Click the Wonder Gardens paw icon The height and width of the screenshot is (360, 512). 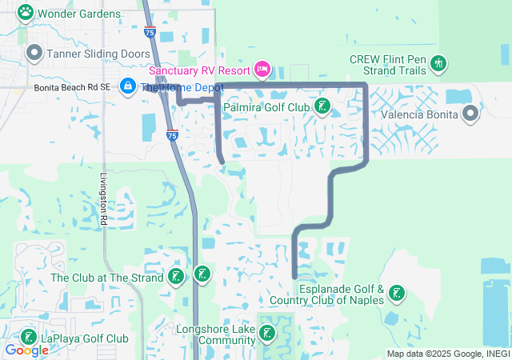point(26,12)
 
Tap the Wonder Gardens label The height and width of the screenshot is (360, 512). point(79,14)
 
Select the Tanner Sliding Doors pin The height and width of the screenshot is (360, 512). point(34,54)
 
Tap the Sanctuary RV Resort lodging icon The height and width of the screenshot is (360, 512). point(262,68)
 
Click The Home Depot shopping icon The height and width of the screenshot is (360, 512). point(128,86)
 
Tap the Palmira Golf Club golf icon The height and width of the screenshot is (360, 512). point(322,106)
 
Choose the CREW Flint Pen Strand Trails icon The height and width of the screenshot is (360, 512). point(438,62)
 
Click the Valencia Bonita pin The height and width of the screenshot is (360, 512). point(470,114)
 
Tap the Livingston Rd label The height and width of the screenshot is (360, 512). point(104,200)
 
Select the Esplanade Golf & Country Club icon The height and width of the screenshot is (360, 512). point(396,294)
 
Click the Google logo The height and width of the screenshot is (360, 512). point(26,350)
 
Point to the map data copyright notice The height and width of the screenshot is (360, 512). point(447,354)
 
